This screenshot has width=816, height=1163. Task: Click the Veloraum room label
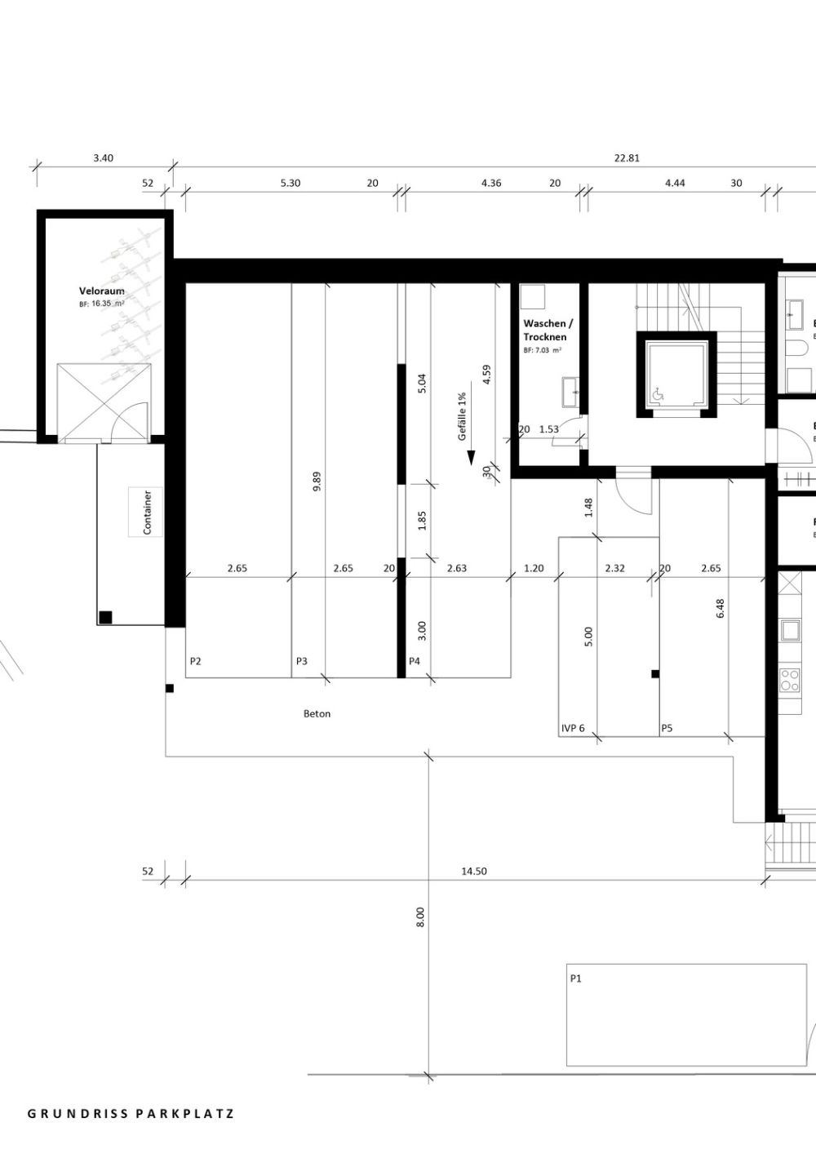(x=101, y=291)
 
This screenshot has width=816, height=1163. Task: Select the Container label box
(x=147, y=512)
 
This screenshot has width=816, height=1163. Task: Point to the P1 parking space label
(x=577, y=978)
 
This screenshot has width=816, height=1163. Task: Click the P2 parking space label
(x=195, y=661)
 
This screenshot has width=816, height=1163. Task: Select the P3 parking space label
(x=302, y=661)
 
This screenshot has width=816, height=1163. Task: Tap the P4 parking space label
(x=414, y=661)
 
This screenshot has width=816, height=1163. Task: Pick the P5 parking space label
(x=667, y=728)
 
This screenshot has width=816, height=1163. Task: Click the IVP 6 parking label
(x=573, y=728)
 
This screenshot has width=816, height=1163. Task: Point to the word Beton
(x=317, y=713)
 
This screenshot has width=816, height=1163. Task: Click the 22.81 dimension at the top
(x=626, y=158)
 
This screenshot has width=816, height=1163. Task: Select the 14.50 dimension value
(x=473, y=871)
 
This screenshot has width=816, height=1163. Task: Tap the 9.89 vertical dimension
(x=317, y=482)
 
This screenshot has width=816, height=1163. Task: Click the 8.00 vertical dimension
(x=420, y=917)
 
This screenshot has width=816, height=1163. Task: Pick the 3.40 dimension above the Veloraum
(x=103, y=158)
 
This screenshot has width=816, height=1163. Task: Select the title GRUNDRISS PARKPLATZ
(x=131, y=1113)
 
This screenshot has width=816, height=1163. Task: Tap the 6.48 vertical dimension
(x=720, y=609)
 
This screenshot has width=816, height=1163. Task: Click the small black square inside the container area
(x=105, y=616)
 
